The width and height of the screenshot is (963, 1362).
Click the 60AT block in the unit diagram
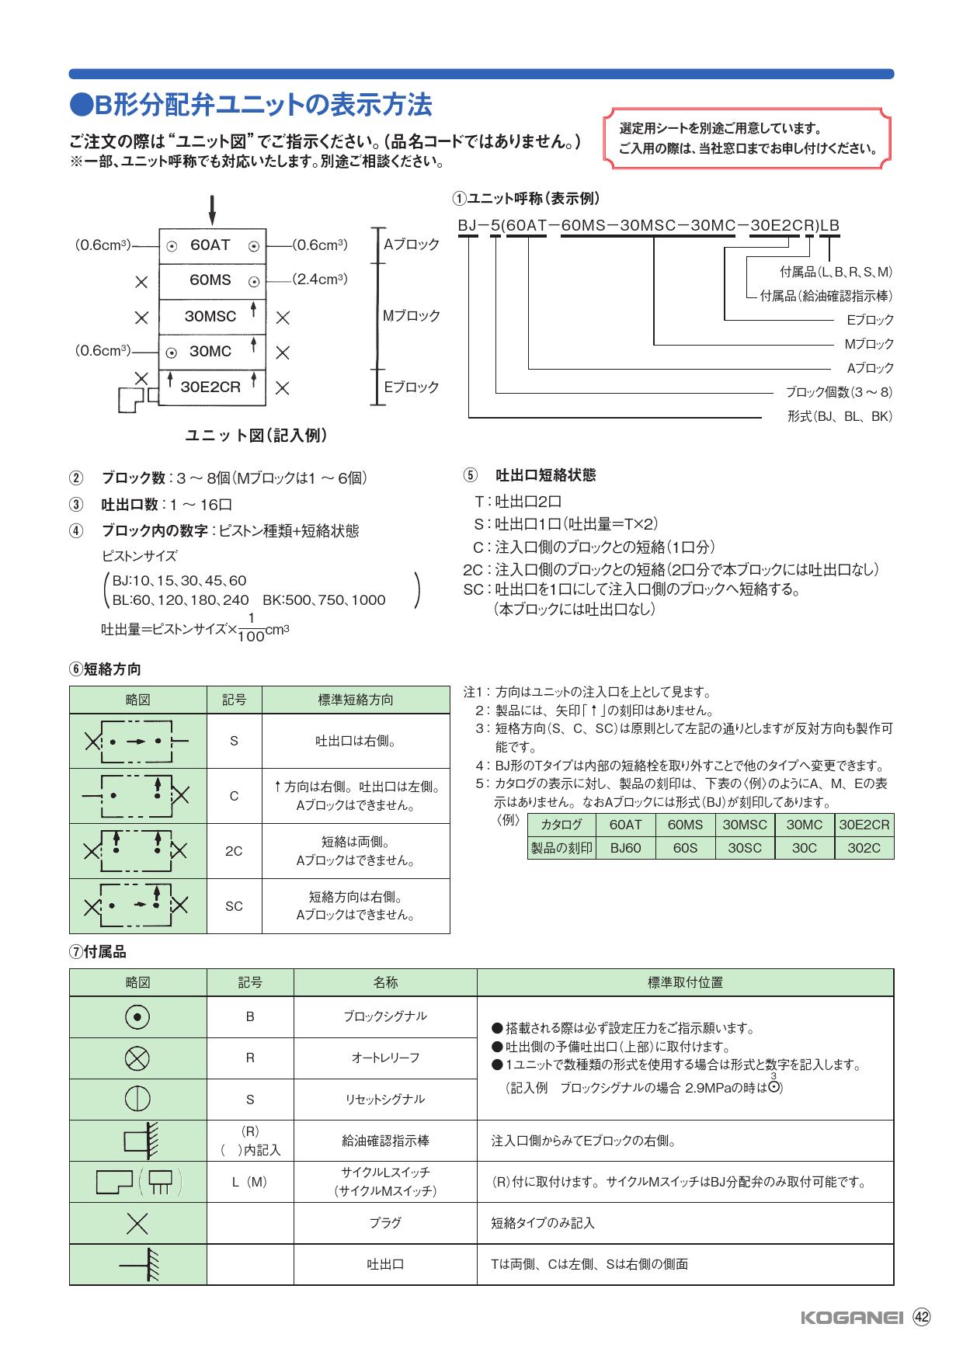[211, 245]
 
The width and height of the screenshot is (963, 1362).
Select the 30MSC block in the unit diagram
[211, 317]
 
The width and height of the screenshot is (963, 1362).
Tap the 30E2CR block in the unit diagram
[211, 387]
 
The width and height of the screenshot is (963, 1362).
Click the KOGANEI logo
[851, 1317]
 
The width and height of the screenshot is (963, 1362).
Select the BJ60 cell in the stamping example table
[625, 848]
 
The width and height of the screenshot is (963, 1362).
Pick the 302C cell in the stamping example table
[864, 848]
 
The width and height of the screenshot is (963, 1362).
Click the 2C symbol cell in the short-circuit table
[234, 851]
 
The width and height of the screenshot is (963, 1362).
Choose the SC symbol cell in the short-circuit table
[234, 906]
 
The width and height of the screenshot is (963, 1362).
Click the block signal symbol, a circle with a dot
[137, 1016]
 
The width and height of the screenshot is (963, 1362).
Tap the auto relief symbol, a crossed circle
[137, 1058]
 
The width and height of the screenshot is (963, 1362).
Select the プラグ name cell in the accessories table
[385, 1223]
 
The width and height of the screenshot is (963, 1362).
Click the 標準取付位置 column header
[685, 982]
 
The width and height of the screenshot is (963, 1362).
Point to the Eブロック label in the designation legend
[870, 320]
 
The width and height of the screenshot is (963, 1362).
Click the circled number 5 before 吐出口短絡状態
[470, 475]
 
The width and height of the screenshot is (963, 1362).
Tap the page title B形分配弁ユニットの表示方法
[250, 105]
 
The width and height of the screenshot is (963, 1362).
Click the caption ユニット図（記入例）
[256, 436]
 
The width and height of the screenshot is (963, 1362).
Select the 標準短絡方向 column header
[356, 700]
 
